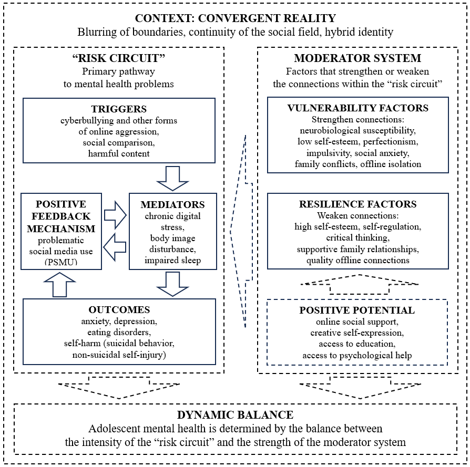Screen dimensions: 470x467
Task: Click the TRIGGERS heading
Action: (119, 109)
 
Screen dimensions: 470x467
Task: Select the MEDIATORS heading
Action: (172, 204)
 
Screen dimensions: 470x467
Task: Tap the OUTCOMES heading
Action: (119, 310)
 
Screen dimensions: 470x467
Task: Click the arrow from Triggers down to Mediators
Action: (172, 179)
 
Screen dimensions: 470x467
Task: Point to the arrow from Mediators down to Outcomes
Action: (172, 284)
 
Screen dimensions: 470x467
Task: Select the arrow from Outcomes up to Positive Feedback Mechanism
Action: (59, 285)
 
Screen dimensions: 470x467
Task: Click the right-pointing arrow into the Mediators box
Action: (116, 215)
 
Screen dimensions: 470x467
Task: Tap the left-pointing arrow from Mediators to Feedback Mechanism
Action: (115, 247)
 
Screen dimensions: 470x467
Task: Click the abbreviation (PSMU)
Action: (61, 262)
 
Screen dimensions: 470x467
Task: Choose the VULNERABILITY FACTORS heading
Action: (358, 108)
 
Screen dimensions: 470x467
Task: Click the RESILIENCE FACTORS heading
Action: (358, 204)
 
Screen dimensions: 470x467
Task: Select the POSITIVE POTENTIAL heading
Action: (357, 310)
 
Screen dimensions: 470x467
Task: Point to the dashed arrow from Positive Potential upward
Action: (359, 284)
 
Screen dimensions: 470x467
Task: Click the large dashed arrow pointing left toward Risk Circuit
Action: (241, 231)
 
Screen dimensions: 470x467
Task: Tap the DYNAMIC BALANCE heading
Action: (236, 415)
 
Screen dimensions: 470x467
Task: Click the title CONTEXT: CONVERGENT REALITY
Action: (236, 18)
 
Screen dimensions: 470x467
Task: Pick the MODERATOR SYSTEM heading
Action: (357, 58)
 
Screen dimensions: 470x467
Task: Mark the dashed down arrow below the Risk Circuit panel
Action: (119, 388)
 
